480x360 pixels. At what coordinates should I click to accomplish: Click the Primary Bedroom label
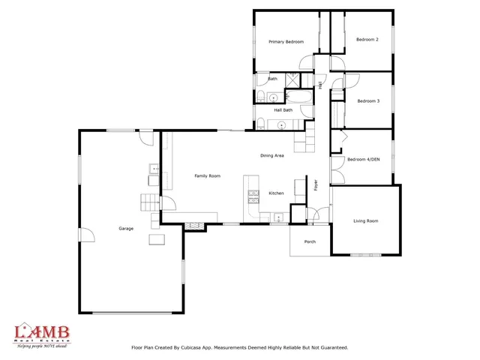tap(286, 42)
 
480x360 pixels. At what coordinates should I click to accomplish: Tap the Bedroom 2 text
tap(367, 39)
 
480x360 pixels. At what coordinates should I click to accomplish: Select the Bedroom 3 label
tap(367, 100)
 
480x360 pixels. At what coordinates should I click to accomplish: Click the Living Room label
tap(366, 220)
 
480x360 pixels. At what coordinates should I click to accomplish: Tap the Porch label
tap(310, 241)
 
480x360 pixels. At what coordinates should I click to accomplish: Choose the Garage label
tap(125, 228)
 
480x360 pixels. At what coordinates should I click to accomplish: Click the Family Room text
tap(207, 175)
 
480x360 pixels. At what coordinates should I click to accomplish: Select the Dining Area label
tap(271, 155)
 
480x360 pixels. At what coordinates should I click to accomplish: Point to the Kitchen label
tap(276, 193)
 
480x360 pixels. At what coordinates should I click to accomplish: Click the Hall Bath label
tap(283, 110)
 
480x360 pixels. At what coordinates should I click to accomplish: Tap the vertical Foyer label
tap(316, 184)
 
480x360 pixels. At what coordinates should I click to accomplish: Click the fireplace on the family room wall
tap(195, 224)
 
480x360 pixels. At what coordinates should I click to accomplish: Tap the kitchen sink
tap(277, 219)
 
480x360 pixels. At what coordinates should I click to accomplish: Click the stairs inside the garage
tap(148, 202)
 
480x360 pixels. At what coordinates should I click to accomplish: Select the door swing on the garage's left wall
tap(86, 235)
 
